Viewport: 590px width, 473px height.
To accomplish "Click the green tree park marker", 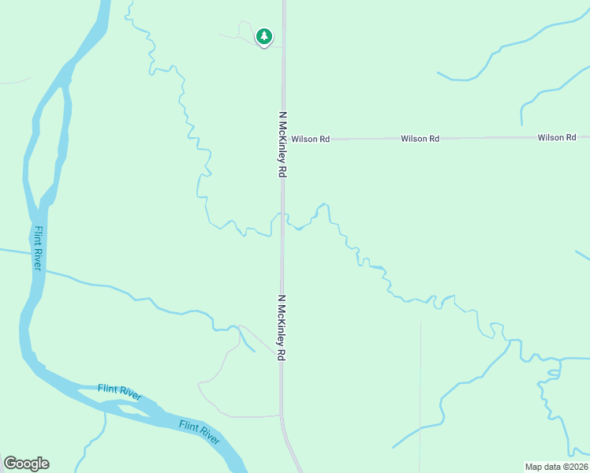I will coord(264,37).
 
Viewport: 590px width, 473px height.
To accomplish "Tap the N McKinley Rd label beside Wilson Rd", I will coord(281,144).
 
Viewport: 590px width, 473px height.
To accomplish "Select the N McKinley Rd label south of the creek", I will coord(281,328).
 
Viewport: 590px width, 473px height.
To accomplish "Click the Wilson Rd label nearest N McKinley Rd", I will coord(310,139).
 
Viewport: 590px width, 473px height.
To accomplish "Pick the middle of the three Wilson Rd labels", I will coord(420,139).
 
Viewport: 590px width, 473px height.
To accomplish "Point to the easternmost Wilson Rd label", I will coord(557,138).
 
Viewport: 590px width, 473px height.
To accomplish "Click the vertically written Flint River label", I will coord(37,248).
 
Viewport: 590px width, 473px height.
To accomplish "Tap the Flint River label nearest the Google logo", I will coord(119,392).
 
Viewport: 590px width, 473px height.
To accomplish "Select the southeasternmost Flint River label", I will coord(199,430).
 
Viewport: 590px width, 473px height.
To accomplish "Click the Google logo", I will coord(26,464).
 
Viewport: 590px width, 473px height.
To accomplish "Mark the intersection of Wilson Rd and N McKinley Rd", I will coord(284,140).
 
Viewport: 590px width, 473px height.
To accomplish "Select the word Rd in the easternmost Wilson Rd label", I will coord(570,138).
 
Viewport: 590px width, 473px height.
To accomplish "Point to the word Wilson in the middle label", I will coord(414,139).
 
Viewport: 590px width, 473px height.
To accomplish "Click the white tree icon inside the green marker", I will coord(264,35).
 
